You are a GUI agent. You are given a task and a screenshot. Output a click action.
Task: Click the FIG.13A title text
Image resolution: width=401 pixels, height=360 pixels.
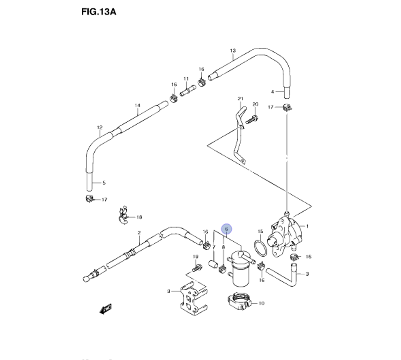98,12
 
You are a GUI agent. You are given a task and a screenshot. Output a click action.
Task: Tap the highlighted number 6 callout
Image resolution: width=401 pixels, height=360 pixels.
227,229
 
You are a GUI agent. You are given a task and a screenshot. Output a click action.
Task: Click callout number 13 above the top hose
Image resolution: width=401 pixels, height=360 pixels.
233,51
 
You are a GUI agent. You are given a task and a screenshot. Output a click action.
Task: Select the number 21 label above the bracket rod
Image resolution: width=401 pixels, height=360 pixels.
240,99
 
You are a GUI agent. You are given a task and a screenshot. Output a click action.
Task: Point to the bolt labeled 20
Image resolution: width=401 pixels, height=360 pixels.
252,119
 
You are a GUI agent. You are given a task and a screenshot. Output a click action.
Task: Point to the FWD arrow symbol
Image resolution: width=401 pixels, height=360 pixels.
106,308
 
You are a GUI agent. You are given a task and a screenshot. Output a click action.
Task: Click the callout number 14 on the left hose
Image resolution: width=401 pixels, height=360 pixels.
137,105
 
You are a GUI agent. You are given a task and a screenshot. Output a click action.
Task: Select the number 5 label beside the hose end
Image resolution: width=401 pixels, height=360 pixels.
104,183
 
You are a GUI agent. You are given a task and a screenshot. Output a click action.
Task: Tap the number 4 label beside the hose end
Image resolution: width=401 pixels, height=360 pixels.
272,92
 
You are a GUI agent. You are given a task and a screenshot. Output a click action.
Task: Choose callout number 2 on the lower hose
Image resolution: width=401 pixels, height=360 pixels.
139,233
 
